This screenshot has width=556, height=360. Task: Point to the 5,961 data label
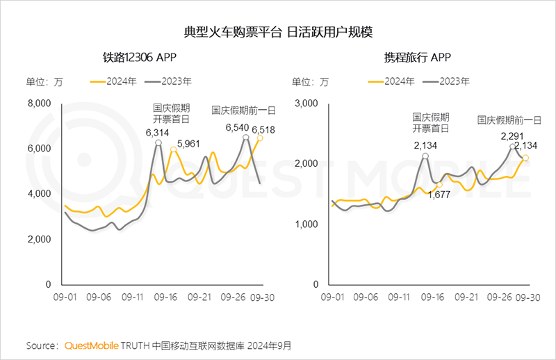click(x=190, y=144)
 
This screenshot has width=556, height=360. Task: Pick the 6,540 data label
click(x=238, y=127)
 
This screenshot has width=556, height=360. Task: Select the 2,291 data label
click(x=513, y=137)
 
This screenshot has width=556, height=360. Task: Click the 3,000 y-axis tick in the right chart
click(x=306, y=104)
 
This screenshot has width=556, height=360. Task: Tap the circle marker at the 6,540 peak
click(x=246, y=138)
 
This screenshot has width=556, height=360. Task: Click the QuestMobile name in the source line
click(x=92, y=345)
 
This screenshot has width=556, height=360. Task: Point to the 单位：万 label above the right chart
click(x=310, y=81)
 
